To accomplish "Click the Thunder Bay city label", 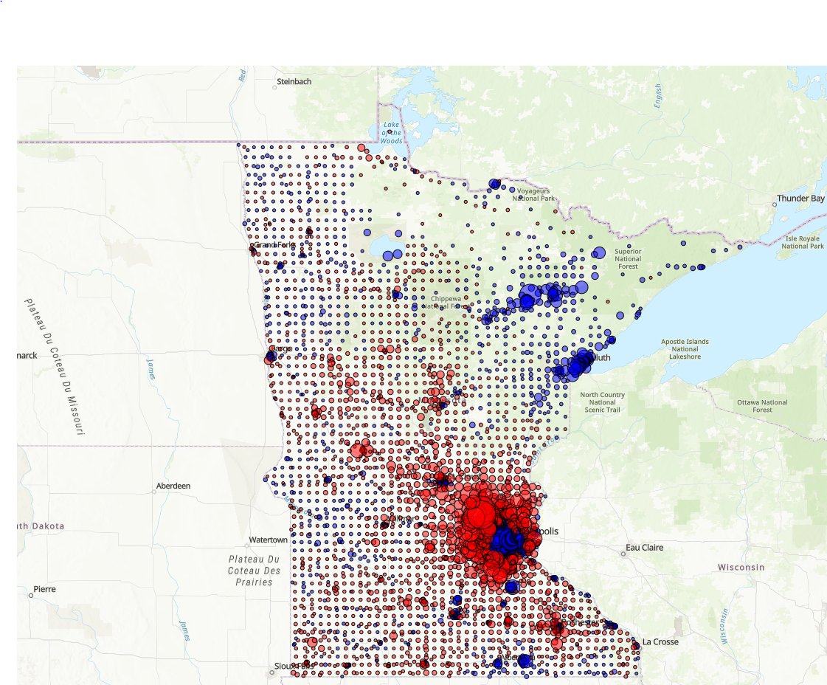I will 800,199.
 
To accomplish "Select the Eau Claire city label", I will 645,548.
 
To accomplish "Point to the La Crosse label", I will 660,641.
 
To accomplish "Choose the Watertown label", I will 268,540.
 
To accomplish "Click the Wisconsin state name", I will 741,567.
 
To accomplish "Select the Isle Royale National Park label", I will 804,242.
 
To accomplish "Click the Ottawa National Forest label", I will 762,406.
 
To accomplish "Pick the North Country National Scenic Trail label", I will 603,402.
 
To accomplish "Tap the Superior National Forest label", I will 628,259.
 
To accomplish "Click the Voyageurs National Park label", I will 533,194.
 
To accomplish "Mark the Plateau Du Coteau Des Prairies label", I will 254,571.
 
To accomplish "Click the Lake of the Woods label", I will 392,134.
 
